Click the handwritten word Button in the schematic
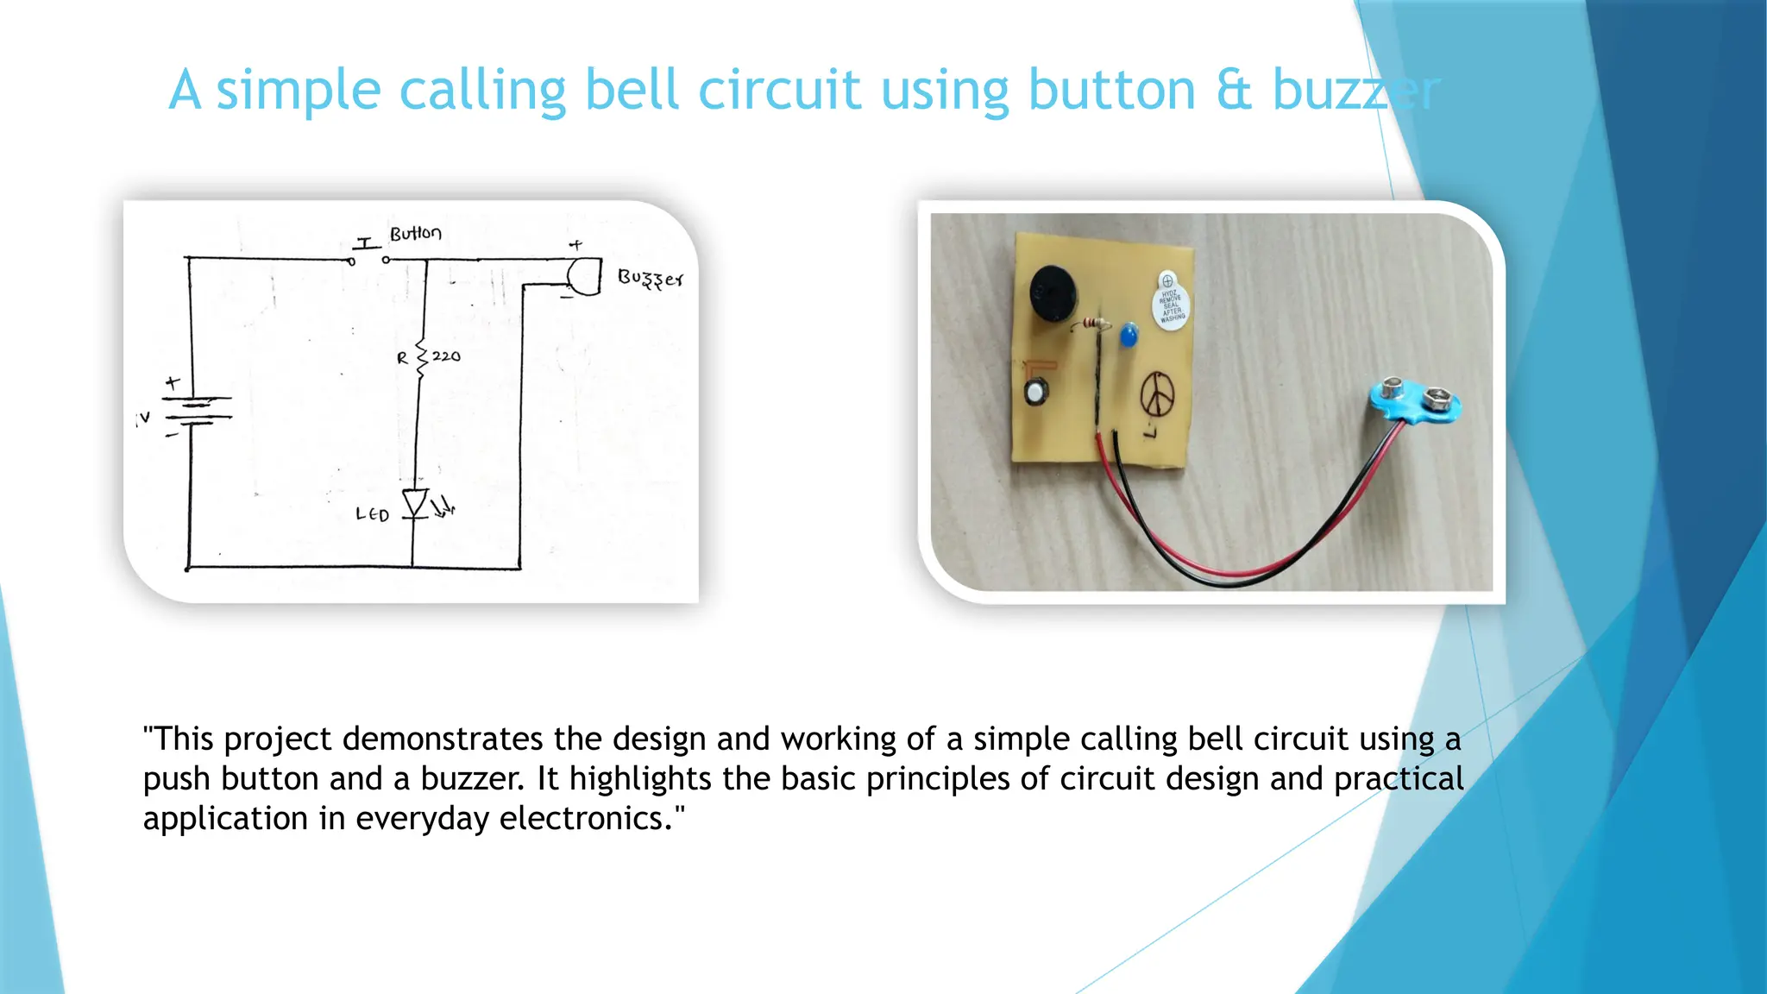pyautogui.click(x=415, y=234)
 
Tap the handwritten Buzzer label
pyautogui.click(x=651, y=279)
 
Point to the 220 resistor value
pyautogui.click(x=446, y=356)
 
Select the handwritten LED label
pyautogui.click(x=373, y=515)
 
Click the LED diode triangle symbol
pyautogui.click(x=416, y=503)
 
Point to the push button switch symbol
pyautogui.click(x=368, y=255)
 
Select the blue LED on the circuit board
pyautogui.click(x=1128, y=335)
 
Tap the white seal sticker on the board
pyautogui.click(x=1170, y=303)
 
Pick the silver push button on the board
pyautogui.click(x=1035, y=393)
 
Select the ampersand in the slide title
pyautogui.click(x=1234, y=91)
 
